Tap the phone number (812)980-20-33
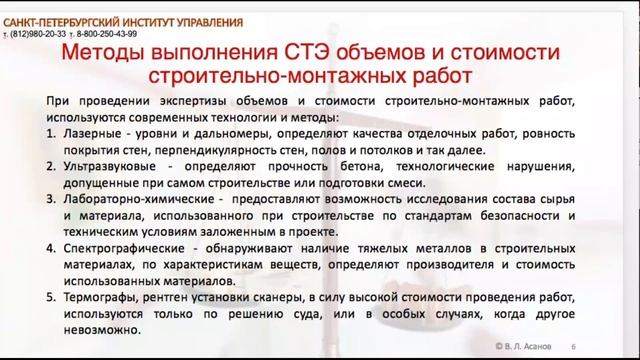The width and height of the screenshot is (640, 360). point(41,33)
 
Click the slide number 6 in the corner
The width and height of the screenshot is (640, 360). point(586,344)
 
